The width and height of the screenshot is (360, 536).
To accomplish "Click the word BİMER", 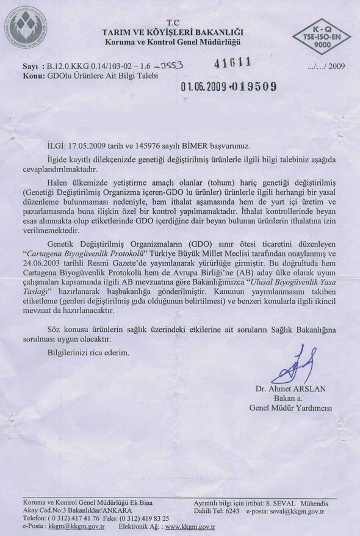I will [196, 145].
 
